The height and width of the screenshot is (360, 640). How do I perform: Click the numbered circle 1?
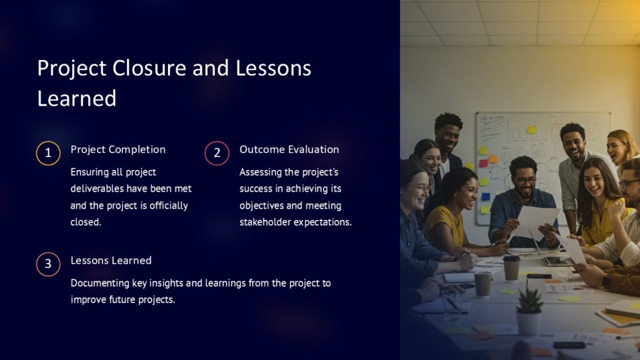pyautogui.click(x=48, y=153)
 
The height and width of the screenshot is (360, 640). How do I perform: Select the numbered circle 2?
pyautogui.click(x=217, y=153)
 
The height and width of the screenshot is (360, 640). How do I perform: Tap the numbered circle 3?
pyautogui.click(x=48, y=264)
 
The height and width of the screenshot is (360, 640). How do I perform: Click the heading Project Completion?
pyautogui.click(x=118, y=149)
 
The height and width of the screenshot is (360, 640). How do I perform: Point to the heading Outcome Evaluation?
pyautogui.click(x=289, y=149)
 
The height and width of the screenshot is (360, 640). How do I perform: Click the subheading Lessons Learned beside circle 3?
pyautogui.click(x=111, y=260)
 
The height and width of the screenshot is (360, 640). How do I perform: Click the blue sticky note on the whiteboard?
pyautogui.click(x=486, y=196)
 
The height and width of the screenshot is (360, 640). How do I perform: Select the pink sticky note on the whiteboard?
pyautogui.click(x=482, y=163)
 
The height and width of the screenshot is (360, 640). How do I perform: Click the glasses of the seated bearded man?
pyautogui.click(x=526, y=180)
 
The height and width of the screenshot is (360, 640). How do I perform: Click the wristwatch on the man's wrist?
pyautogui.click(x=606, y=281)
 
